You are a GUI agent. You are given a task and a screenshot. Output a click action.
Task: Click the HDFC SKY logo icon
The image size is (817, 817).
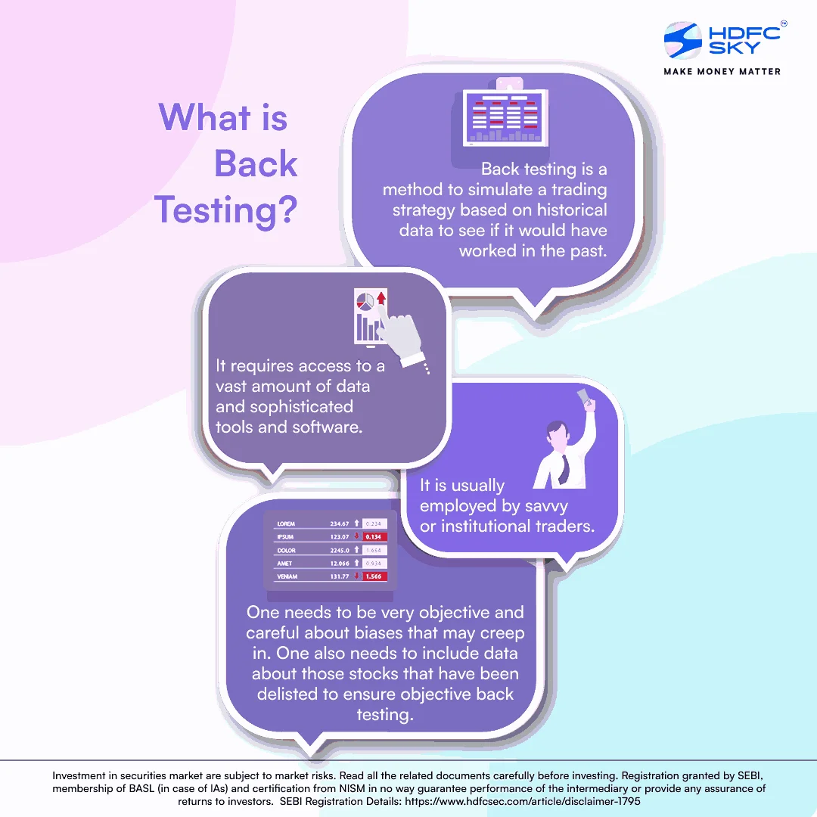tap(682, 40)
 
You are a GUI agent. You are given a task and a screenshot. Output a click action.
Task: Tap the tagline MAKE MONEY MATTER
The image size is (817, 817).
tap(722, 71)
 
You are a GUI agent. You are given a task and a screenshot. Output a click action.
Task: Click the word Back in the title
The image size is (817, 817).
tap(256, 163)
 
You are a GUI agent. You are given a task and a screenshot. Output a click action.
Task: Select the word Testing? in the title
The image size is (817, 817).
tap(225, 210)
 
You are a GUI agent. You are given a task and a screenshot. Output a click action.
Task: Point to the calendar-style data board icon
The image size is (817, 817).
tap(505, 115)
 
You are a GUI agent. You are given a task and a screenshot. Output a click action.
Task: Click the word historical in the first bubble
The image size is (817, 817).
tap(572, 210)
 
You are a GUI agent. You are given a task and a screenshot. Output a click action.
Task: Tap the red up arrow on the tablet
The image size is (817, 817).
tap(381, 298)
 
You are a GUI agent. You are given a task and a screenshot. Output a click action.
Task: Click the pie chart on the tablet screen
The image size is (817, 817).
tap(365, 301)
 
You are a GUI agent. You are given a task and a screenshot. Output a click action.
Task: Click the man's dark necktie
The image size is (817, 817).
tap(564, 468)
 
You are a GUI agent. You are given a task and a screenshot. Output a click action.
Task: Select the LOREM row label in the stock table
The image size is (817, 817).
tap(286, 523)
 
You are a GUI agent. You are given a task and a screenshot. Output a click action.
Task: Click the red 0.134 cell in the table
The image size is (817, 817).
tap(374, 536)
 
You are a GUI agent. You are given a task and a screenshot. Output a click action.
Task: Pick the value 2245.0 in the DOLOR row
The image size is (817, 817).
tap(339, 550)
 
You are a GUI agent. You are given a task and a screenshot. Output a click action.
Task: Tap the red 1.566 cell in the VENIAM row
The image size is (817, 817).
tap(374, 576)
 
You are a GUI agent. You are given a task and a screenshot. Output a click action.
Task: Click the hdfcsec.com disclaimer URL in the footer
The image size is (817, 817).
tap(523, 801)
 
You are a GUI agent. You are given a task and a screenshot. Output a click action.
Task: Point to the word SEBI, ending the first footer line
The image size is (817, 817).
tap(750, 776)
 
